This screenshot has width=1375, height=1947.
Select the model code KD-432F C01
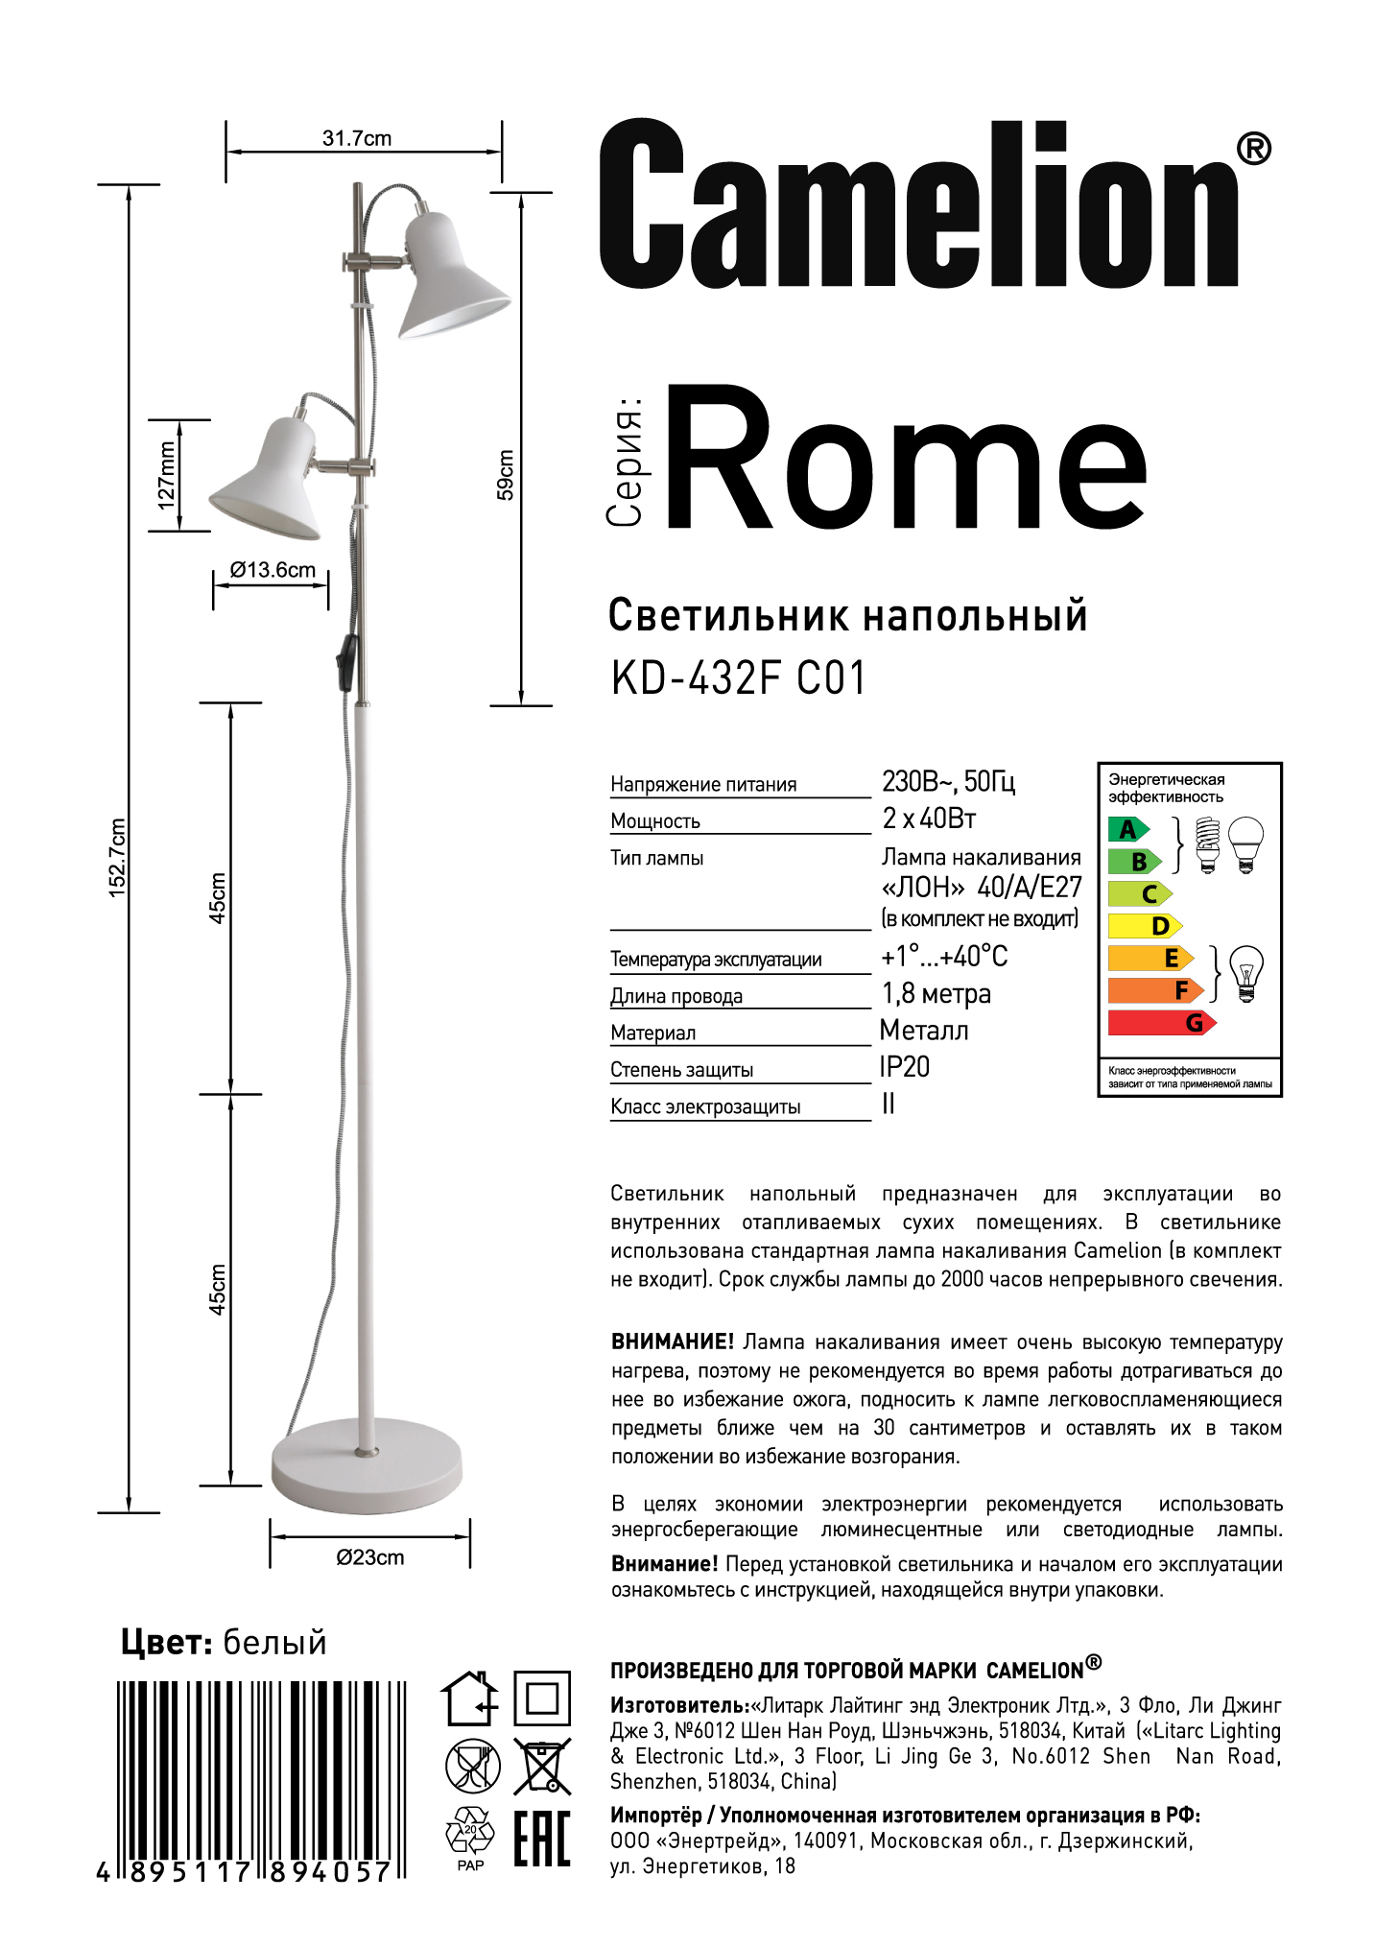[x=738, y=678]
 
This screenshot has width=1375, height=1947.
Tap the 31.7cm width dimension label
[x=357, y=138]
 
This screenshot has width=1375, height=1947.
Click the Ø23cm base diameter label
[x=370, y=1556]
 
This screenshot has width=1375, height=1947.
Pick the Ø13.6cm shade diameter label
[x=273, y=570]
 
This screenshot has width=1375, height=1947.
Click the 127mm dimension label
[x=167, y=475]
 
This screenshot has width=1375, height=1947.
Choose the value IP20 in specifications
[x=904, y=1067]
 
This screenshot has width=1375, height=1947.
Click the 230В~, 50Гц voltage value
[x=948, y=781]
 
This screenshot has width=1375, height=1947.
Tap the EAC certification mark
[x=542, y=1839]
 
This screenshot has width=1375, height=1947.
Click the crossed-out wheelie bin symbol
[x=542, y=1766]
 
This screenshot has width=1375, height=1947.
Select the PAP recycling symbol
[x=470, y=1839]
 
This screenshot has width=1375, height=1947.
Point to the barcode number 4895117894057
[x=245, y=1872]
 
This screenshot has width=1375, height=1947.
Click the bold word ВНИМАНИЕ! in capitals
[x=672, y=1342]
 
